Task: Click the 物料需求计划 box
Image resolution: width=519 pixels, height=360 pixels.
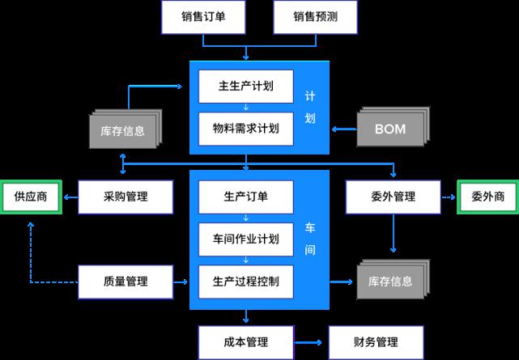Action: pos(245,129)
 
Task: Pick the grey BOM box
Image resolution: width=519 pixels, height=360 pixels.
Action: pos(389,129)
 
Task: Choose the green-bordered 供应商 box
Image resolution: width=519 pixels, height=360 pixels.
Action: pos(32,197)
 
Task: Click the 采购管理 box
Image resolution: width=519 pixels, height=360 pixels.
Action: pos(126,197)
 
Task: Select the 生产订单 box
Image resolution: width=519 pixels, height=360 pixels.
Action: pos(245,197)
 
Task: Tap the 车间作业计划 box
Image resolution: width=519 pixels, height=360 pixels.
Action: pos(245,239)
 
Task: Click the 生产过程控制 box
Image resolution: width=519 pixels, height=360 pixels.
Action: pos(245,281)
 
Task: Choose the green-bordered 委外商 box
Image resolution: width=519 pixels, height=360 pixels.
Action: pos(487,197)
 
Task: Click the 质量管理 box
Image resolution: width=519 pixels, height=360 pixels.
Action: pos(126,281)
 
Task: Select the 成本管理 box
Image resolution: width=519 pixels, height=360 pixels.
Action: pos(245,341)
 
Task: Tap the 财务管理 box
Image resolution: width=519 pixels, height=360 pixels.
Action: pos(375,341)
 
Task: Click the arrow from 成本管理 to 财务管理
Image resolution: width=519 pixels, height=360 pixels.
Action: pos(310,341)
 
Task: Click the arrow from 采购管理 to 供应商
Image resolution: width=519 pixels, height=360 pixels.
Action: pos(71,197)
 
